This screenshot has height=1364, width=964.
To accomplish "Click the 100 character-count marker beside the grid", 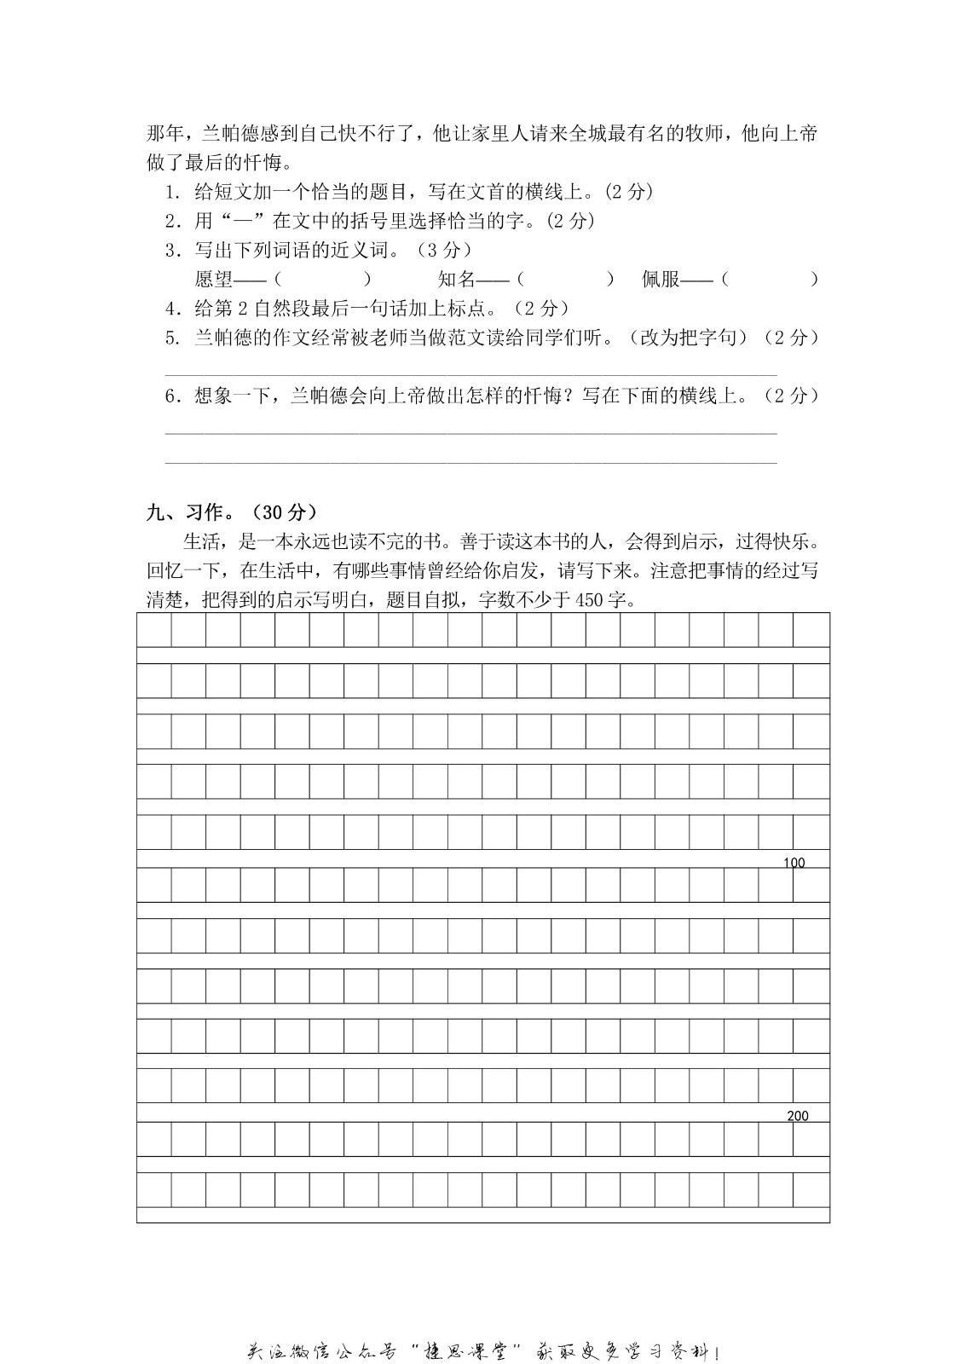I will pos(794,863).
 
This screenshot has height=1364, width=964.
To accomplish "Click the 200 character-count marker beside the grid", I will pos(798,1116).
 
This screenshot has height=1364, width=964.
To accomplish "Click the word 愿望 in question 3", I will pos(213,279).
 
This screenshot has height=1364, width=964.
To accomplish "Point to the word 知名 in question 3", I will pos(456,279).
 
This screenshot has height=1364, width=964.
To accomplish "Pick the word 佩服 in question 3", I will pos(661,279).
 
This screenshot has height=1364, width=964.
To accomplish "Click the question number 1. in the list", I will pos(173,192).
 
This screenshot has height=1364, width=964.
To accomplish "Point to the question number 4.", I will pos(173,308).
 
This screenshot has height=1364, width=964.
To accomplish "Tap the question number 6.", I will pos(173,396).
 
